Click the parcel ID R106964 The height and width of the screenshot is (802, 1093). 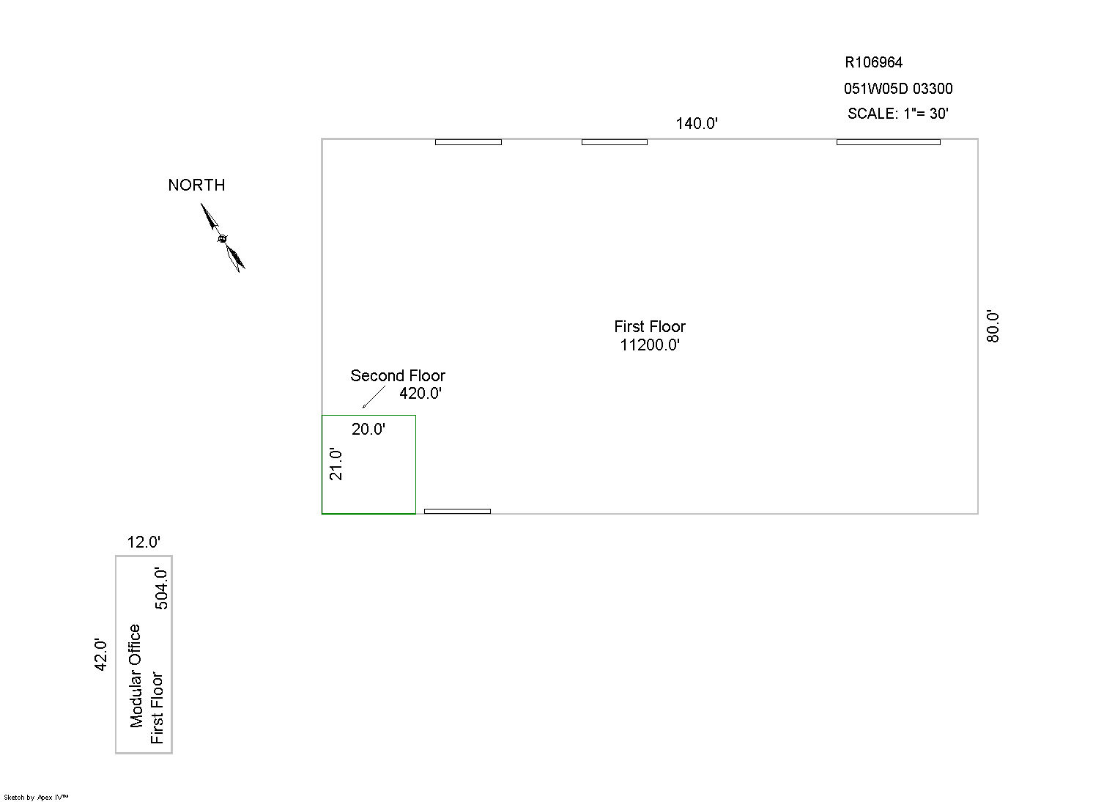(873, 62)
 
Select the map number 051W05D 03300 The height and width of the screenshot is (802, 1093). (898, 89)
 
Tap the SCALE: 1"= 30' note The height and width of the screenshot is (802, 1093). (898, 114)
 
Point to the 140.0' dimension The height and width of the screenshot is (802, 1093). (696, 124)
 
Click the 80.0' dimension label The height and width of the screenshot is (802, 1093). (993, 326)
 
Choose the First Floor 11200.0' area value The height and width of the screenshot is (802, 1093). (650, 345)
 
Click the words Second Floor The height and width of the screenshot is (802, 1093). (398, 375)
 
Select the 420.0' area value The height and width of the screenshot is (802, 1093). (420, 393)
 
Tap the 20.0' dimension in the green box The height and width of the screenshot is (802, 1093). (368, 430)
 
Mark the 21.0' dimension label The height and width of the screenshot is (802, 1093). (336, 464)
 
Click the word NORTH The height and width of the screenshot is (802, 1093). (196, 185)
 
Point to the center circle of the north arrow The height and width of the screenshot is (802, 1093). (223, 238)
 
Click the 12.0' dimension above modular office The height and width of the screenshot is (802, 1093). (144, 542)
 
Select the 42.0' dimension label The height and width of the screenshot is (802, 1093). (100, 655)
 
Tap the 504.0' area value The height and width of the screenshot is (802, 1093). (161, 589)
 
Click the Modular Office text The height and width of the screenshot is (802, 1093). (136, 676)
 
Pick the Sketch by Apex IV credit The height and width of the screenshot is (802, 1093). (36, 797)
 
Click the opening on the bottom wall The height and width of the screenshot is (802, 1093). (457, 512)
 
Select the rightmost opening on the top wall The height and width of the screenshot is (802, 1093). (889, 142)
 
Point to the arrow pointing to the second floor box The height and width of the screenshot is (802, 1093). (374, 397)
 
